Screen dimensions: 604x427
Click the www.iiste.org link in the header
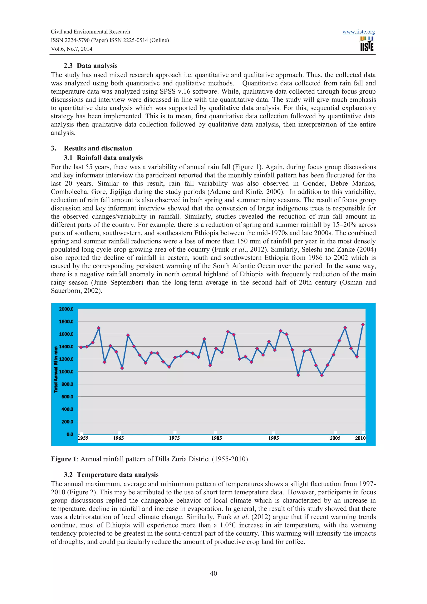pyautogui.click(x=358, y=32)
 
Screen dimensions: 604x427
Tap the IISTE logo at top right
pyautogui.click(x=367, y=44)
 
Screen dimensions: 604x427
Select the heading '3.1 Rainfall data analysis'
pyautogui.click(x=103, y=158)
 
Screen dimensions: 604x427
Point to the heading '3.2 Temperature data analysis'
pyautogui.click(x=111, y=475)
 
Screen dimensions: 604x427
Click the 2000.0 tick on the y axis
pyautogui.click(x=66, y=309)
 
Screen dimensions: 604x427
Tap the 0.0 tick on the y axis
pyautogui.click(x=70, y=434)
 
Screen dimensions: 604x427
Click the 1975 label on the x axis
pyautogui.click(x=174, y=438)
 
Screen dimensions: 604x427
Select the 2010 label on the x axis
pyautogui.click(x=360, y=438)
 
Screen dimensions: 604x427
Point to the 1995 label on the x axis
pyautogui.click(x=274, y=438)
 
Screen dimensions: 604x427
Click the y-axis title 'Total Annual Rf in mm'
pyautogui.click(x=56, y=369)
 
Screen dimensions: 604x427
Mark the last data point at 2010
pyautogui.click(x=363, y=325)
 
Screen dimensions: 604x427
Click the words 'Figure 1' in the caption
pyautogui.click(x=61, y=459)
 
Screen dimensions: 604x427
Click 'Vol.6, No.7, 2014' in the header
pyautogui.click(x=72, y=49)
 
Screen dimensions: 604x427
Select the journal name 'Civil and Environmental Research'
pyautogui.click(x=90, y=32)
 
